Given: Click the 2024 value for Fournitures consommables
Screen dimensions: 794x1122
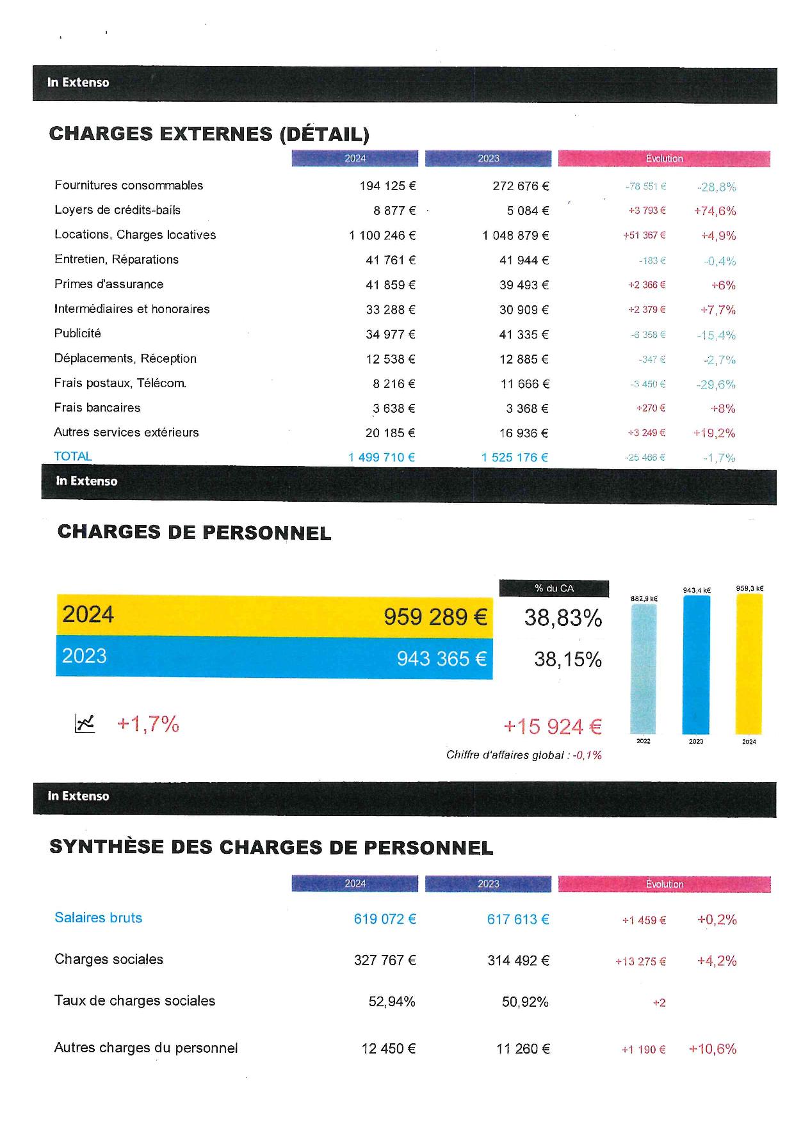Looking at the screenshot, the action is [x=387, y=186].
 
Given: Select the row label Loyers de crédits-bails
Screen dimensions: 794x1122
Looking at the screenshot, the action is [x=118, y=210].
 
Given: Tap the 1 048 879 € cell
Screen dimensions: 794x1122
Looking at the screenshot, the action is [x=515, y=236].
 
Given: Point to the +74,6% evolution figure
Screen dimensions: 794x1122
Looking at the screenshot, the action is [x=715, y=211].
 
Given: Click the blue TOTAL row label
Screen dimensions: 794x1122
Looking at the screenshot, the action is [x=73, y=456].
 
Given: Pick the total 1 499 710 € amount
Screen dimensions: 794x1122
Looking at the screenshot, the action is [x=382, y=457].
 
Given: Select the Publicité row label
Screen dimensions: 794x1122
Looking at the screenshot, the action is [x=77, y=333].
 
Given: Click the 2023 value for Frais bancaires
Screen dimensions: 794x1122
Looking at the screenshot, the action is [x=527, y=408].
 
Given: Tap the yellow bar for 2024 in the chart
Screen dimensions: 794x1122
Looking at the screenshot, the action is [x=749, y=664].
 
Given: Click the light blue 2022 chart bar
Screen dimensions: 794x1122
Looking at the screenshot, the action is [x=644, y=669].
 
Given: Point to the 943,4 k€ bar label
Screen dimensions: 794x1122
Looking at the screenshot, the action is [x=697, y=590].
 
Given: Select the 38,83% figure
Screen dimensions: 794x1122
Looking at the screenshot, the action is [x=563, y=618].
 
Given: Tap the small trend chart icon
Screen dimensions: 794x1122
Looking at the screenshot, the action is [x=85, y=723].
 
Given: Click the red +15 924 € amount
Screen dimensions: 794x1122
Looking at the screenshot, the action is [x=553, y=726].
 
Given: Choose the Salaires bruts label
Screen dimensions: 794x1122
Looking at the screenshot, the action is [x=99, y=918].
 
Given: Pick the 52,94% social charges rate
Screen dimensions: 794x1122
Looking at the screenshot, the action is [x=392, y=1002].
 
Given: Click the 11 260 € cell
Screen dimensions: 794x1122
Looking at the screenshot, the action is [x=523, y=1049].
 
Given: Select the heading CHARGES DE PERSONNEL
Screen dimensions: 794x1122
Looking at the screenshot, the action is [x=195, y=533].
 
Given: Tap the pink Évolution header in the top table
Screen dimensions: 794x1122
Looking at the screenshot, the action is [x=664, y=158].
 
